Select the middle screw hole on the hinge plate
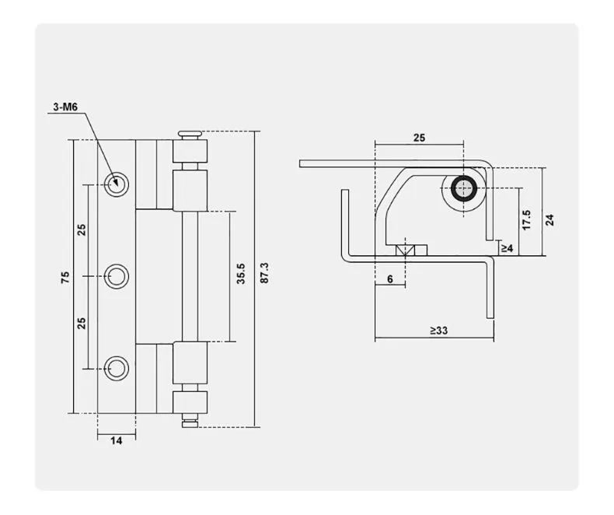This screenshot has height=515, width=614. [118, 275]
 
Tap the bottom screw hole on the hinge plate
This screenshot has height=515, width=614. [118, 366]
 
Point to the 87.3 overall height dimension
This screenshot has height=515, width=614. [264, 273]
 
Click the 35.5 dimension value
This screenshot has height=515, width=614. [240, 275]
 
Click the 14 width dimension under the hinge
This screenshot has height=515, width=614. [116, 440]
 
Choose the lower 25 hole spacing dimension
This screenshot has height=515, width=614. [82, 321]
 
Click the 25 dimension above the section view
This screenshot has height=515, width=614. [419, 137]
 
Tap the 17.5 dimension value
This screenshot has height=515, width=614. [526, 220]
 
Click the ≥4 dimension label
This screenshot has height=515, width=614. [506, 247]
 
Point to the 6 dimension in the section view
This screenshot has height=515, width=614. [389, 279]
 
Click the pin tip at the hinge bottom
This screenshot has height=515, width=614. [189, 422]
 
